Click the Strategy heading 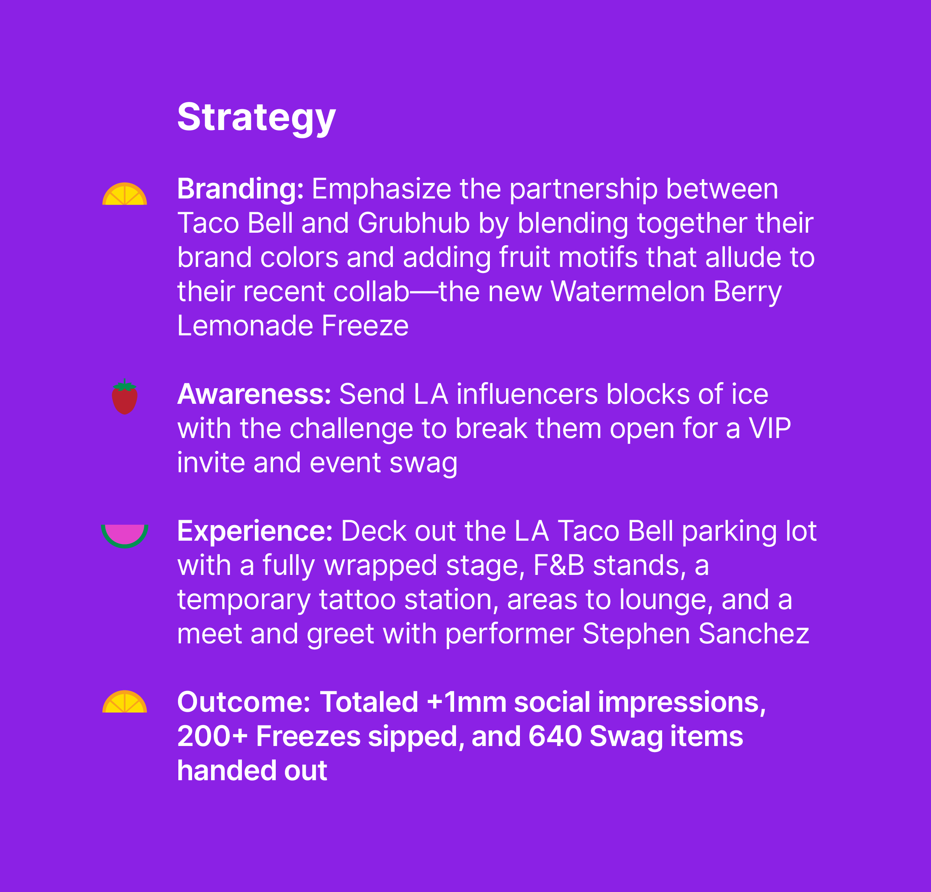256,117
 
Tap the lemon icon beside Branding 124,194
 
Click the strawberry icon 124,397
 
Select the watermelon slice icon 124,536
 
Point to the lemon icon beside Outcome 124,702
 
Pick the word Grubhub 414,223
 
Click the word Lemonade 245,326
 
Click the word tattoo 357,599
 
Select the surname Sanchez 754,633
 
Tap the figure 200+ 212,736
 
